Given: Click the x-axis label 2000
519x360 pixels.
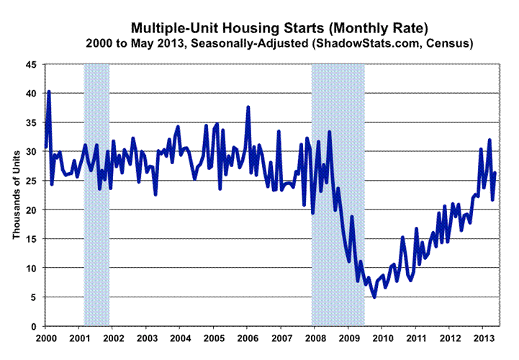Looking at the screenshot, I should (46, 338).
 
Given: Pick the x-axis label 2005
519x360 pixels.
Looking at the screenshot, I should (214, 338).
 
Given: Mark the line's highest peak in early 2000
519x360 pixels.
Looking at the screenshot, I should (49, 91).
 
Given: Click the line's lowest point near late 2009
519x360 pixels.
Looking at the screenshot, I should (374, 296).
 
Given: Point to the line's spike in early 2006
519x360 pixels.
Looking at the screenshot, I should (248, 107).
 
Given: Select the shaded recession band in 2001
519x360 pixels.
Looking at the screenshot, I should (96, 194).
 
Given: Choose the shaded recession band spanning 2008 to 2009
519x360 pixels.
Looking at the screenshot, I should (338, 194).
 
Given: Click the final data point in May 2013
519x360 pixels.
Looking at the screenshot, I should (496, 173).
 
